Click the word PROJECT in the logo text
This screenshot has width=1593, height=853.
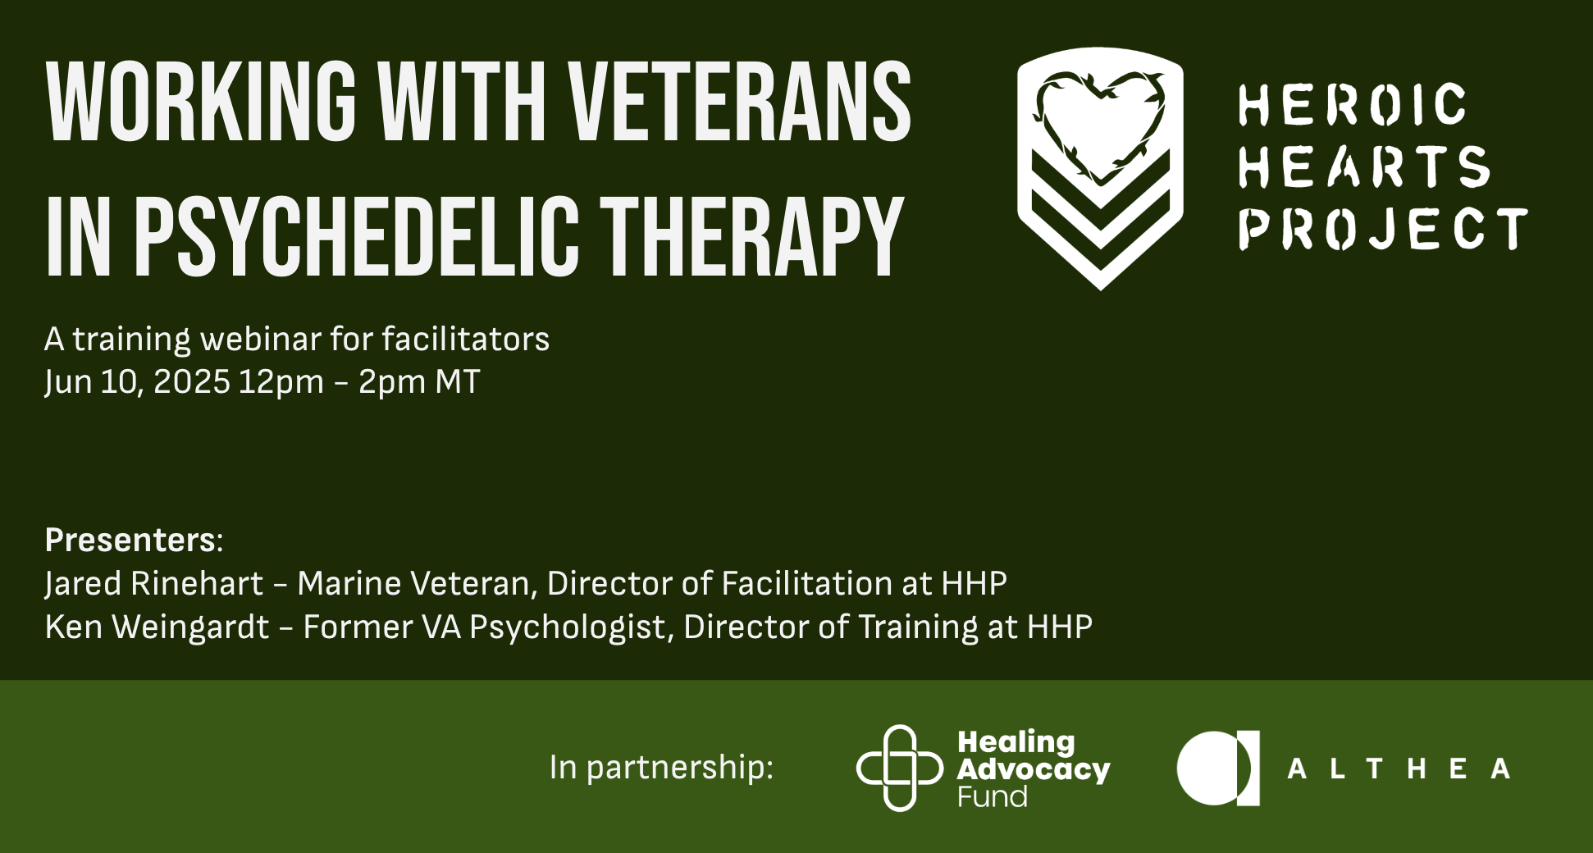point(1383,228)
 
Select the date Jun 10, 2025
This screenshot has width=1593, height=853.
point(137,382)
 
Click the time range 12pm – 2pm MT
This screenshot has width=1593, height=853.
point(359,382)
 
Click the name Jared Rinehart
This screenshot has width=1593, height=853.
point(154,583)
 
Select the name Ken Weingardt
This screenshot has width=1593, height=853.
point(157,627)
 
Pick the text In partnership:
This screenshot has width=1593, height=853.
point(661,768)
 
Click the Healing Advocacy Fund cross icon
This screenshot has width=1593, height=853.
point(900,768)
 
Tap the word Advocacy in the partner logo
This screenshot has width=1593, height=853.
point(1034,769)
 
